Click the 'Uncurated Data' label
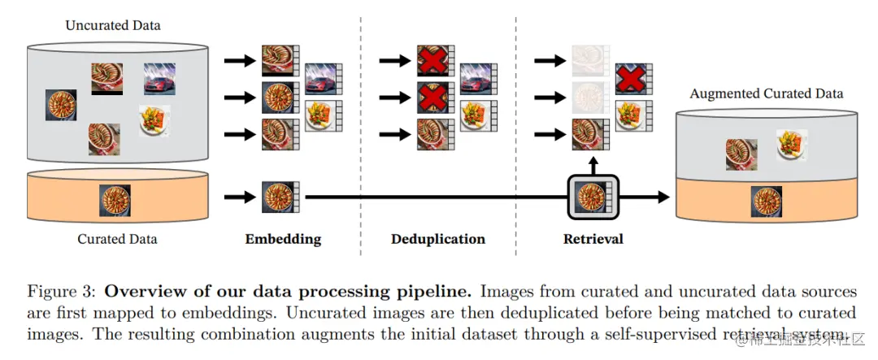113,25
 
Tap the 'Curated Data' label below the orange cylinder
117,239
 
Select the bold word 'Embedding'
283,239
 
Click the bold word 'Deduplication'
437,239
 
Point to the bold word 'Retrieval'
593,239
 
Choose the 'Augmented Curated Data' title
766,93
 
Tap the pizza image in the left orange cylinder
115,200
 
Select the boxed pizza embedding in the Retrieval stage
593,197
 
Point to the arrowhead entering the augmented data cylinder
662,197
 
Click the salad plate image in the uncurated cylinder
154,121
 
